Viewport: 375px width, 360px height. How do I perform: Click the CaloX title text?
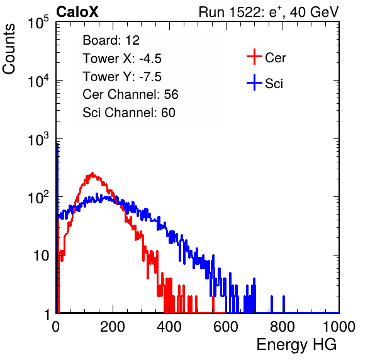click(x=77, y=12)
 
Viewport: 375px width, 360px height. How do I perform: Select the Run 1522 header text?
click(x=269, y=12)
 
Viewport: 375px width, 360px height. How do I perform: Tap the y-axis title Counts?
click(x=9, y=49)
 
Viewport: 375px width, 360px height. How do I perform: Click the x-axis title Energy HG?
click(x=296, y=344)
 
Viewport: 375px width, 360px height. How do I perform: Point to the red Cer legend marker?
click(x=254, y=57)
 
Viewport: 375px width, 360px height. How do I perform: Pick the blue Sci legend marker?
click(x=254, y=82)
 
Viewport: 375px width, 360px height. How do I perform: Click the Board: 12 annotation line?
click(x=111, y=40)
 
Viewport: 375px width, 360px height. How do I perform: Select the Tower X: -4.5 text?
click(x=122, y=59)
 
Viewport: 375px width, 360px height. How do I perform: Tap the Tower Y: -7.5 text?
click(x=122, y=77)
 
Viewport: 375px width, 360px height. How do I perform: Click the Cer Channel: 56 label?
click(x=130, y=94)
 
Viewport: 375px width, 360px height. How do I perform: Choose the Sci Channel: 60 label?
click(x=129, y=113)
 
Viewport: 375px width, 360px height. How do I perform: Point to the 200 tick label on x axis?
click(x=113, y=327)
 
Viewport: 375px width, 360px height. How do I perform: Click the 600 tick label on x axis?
click(x=225, y=327)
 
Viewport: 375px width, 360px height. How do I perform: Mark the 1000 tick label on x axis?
click(x=339, y=327)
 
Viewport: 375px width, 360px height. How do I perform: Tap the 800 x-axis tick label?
click(x=283, y=327)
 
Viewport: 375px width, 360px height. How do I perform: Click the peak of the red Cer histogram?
click(x=92, y=173)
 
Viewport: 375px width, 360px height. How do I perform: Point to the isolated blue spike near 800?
click(x=284, y=304)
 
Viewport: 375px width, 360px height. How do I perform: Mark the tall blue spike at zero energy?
click(x=57, y=227)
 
